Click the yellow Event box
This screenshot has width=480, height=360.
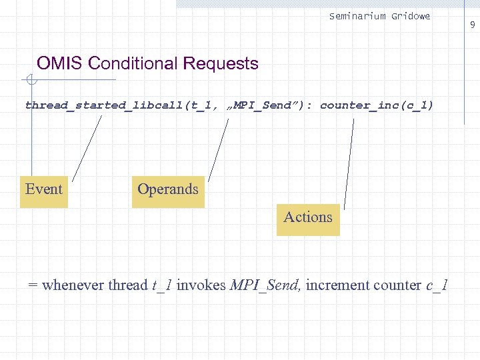pos(44,189)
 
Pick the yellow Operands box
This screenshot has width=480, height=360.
pos(168,189)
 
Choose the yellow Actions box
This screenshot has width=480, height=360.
pos(308,217)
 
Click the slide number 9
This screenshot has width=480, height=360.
pos(472,25)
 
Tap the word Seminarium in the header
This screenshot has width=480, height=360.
pos(357,16)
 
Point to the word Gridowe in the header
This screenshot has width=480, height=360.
pos(411,16)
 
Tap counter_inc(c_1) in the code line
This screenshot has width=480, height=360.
pos(377,105)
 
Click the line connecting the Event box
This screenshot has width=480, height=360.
pos(87,148)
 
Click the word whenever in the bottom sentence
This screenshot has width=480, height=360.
pos(73,285)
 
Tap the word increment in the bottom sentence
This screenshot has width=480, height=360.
pos(337,285)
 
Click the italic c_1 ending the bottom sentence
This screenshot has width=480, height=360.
pos(437,285)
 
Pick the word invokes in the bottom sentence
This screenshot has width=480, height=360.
pos(201,285)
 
